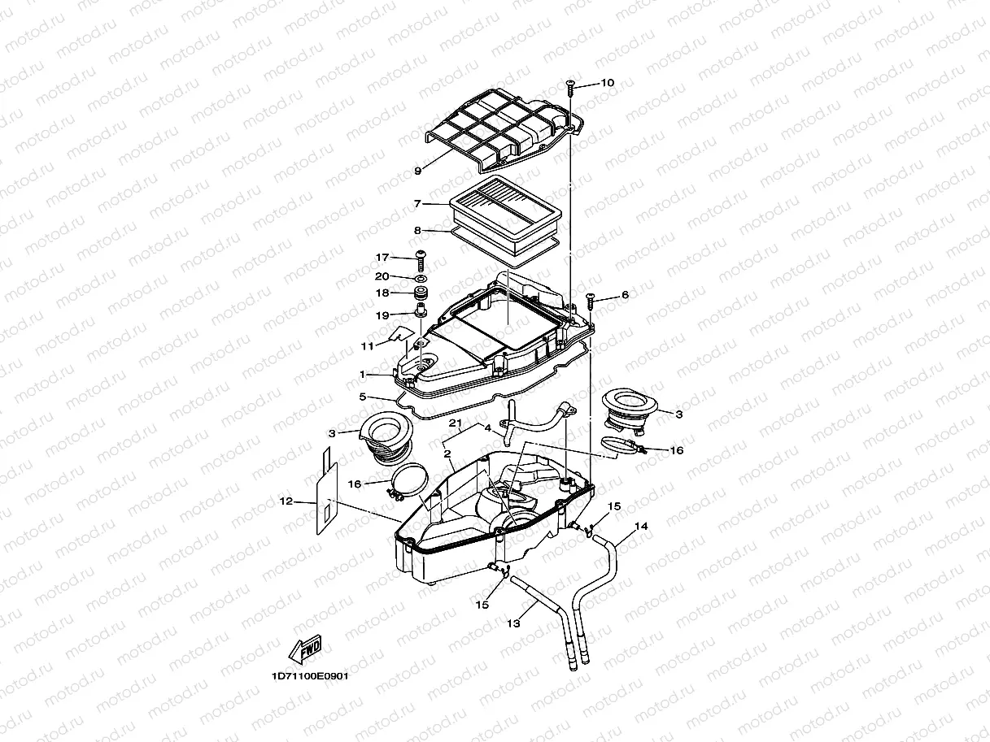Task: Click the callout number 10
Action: pos(608,83)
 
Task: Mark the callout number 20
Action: pos(382,276)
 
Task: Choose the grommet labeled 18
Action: pos(421,293)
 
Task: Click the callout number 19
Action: pos(382,315)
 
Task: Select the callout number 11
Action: pos(367,345)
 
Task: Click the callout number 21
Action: pos(456,424)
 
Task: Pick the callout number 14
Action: pos(641,527)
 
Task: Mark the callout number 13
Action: pos(512,623)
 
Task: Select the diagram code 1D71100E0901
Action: pos(310,675)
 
